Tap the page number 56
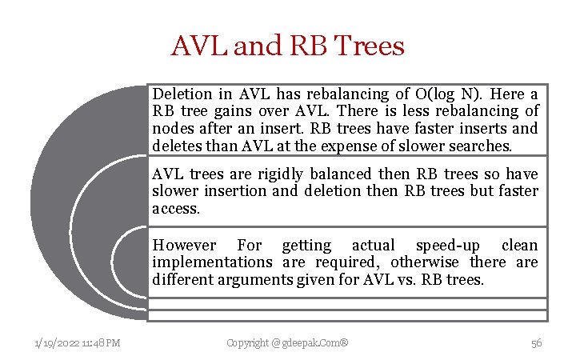[536, 343]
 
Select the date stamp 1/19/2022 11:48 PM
[78, 343]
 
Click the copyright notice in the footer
[287, 343]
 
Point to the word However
[184, 246]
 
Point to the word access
[174, 209]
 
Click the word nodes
[171, 129]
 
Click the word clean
[519, 246]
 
